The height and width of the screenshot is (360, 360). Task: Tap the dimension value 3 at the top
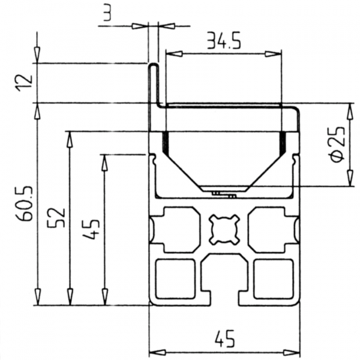point(107,13)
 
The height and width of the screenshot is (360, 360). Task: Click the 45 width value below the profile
point(224,340)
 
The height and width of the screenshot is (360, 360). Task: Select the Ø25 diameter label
point(337,145)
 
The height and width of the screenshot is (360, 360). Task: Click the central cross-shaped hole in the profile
point(224,229)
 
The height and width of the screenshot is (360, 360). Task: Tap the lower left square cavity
point(176,279)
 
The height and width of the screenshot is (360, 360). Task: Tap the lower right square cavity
point(273,279)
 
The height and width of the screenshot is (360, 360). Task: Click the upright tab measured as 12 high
point(154,84)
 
